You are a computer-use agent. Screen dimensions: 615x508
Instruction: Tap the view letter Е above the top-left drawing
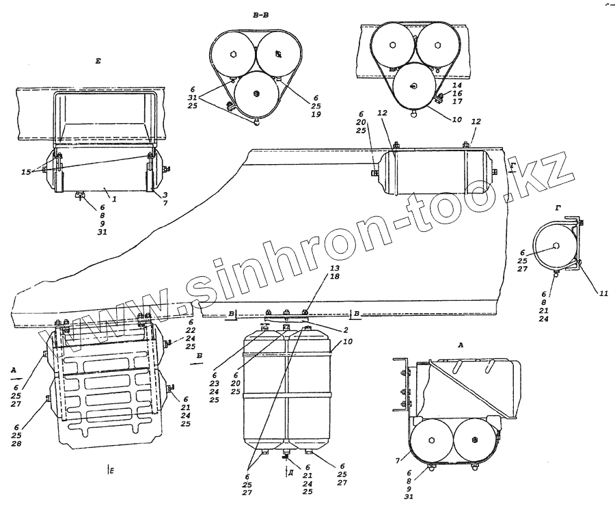tap(98, 62)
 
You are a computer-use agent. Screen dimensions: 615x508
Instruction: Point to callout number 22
tap(191, 332)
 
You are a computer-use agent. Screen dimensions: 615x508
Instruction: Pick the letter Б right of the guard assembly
tap(199, 357)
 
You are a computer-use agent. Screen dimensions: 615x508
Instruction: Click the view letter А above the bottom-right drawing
tap(461, 346)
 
